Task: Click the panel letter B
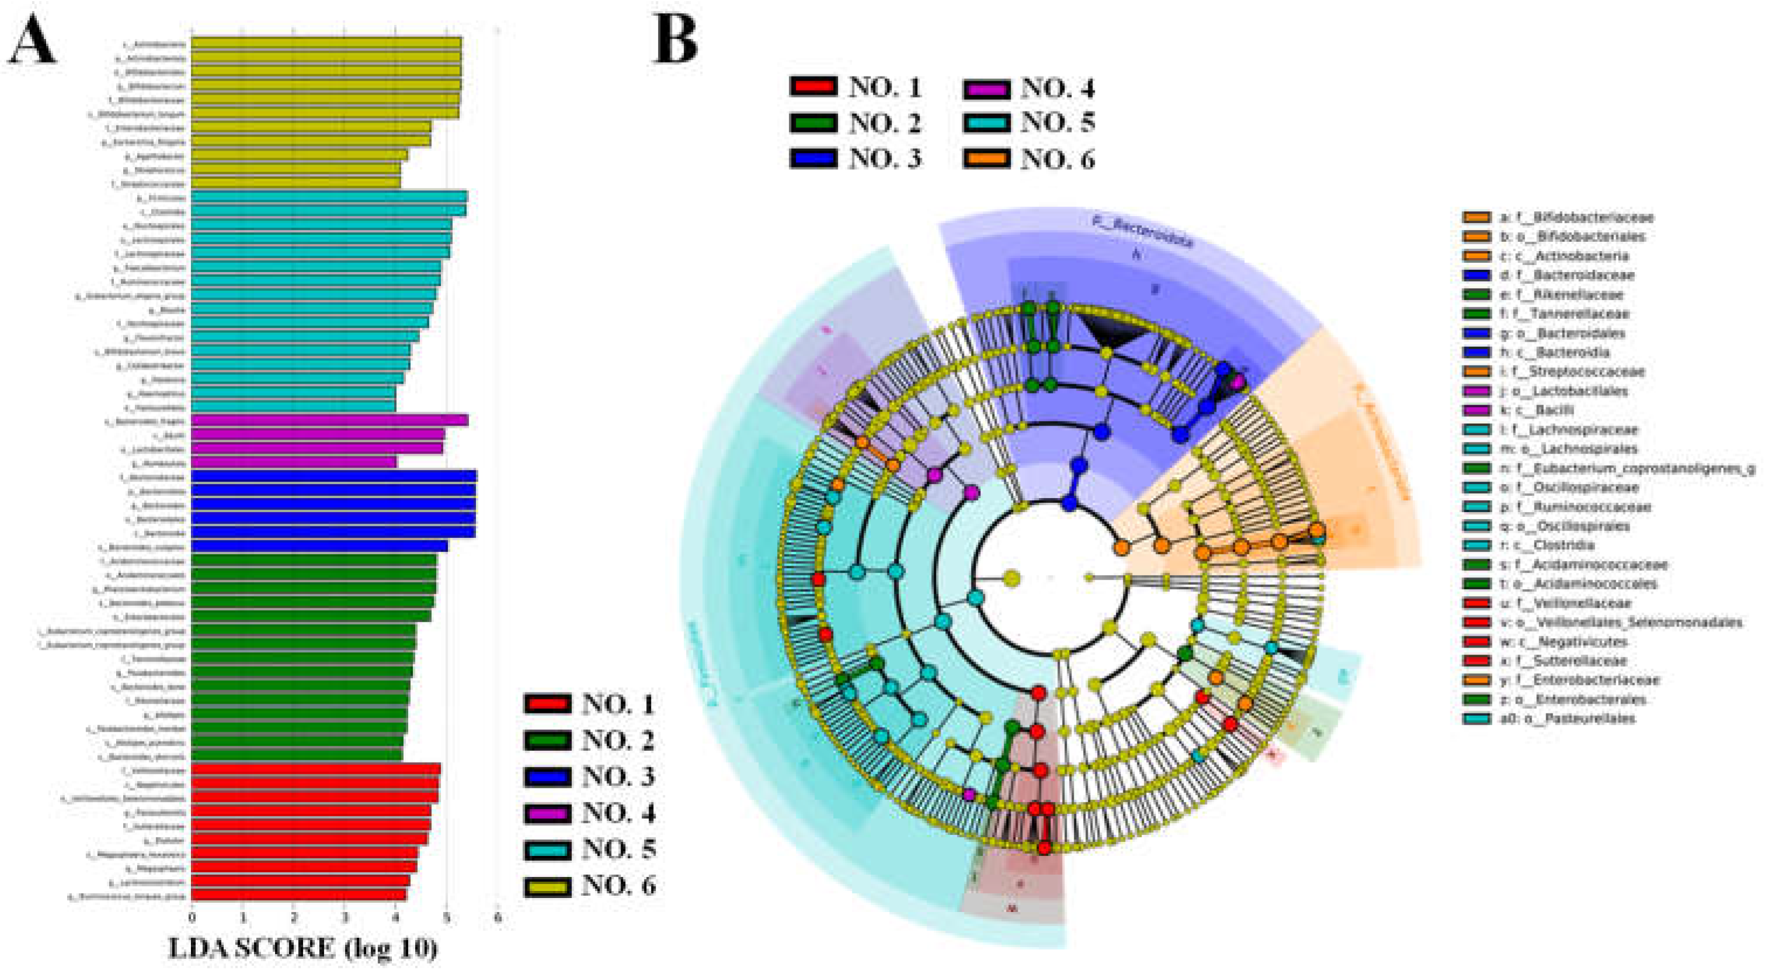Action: [x=676, y=39]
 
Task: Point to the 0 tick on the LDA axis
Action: [x=192, y=917]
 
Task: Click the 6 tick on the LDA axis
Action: [x=497, y=917]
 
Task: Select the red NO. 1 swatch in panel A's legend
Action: [x=547, y=704]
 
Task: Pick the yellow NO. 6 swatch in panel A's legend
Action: [x=547, y=886]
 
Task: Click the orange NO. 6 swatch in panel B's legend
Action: [x=986, y=159]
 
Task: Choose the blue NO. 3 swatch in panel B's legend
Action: [x=813, y=159]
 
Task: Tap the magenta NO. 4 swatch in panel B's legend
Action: [x=986, y=88]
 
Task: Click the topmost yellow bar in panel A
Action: [x=326, y=43]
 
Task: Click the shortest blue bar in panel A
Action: [x=319, y=545]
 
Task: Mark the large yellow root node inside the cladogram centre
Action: [x=1011, y=579]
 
